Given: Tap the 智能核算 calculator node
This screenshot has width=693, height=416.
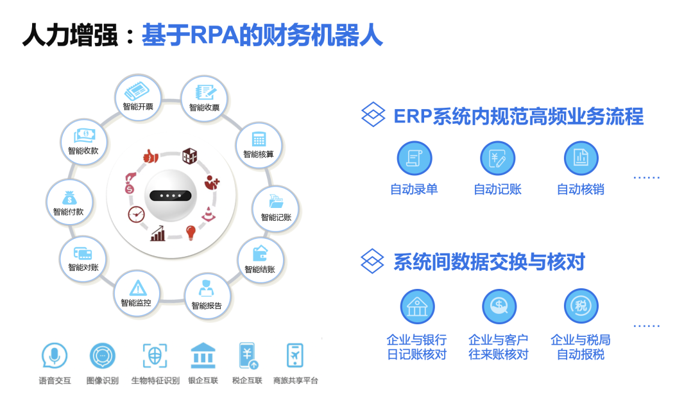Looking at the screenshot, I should [259, 144].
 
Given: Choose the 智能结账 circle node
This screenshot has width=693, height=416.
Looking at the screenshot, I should [260, 260].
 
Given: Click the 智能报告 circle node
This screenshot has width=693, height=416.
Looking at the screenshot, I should [207, 295].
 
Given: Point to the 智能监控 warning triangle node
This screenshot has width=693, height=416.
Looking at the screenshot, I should [137, 293].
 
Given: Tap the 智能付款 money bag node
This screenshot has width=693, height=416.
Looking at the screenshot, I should [69, 202].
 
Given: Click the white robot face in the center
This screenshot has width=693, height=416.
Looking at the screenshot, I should [171, 196].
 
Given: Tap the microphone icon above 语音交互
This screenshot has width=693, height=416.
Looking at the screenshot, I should [55, 356].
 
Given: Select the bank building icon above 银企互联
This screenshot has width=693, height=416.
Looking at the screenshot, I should [203, 356].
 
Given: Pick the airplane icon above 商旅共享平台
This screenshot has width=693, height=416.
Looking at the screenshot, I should [295, 356].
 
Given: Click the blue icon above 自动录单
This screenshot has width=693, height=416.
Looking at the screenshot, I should [414, 159].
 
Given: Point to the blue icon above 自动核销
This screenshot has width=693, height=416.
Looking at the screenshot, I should [581, 159].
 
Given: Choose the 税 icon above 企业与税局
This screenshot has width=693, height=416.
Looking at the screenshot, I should [581, 306].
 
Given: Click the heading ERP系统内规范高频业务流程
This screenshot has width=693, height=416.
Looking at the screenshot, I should [518, 117].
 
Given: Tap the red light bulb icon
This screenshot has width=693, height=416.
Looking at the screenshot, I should [191, 232].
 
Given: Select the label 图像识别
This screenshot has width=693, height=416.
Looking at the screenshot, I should [103, 381].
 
